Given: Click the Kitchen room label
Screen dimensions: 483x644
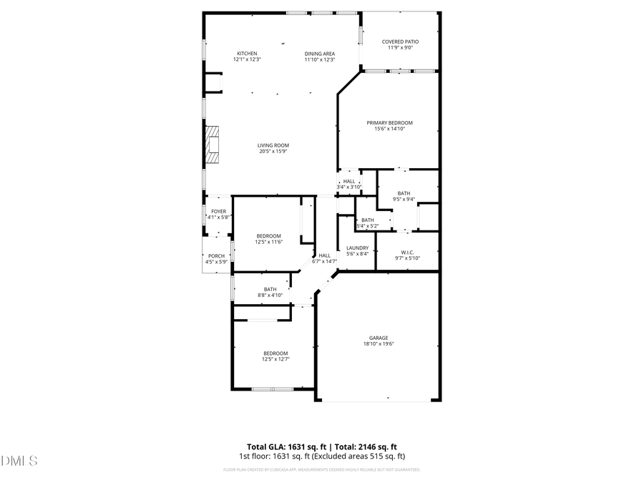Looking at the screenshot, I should [x=247, y=54].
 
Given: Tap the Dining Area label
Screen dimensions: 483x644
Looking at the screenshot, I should [x=320, y=54].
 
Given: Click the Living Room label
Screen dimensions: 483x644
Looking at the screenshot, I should [x=273, y=145].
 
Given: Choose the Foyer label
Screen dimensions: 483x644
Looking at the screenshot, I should [x=218, y=212].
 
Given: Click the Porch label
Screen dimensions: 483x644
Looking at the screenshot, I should [x=216, y=256].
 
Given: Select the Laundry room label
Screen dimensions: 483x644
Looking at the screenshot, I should [x=357, y=248].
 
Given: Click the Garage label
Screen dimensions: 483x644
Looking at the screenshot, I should [x=379, y=338].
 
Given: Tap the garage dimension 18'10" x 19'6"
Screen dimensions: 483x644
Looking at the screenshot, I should [x=379, y=344].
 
